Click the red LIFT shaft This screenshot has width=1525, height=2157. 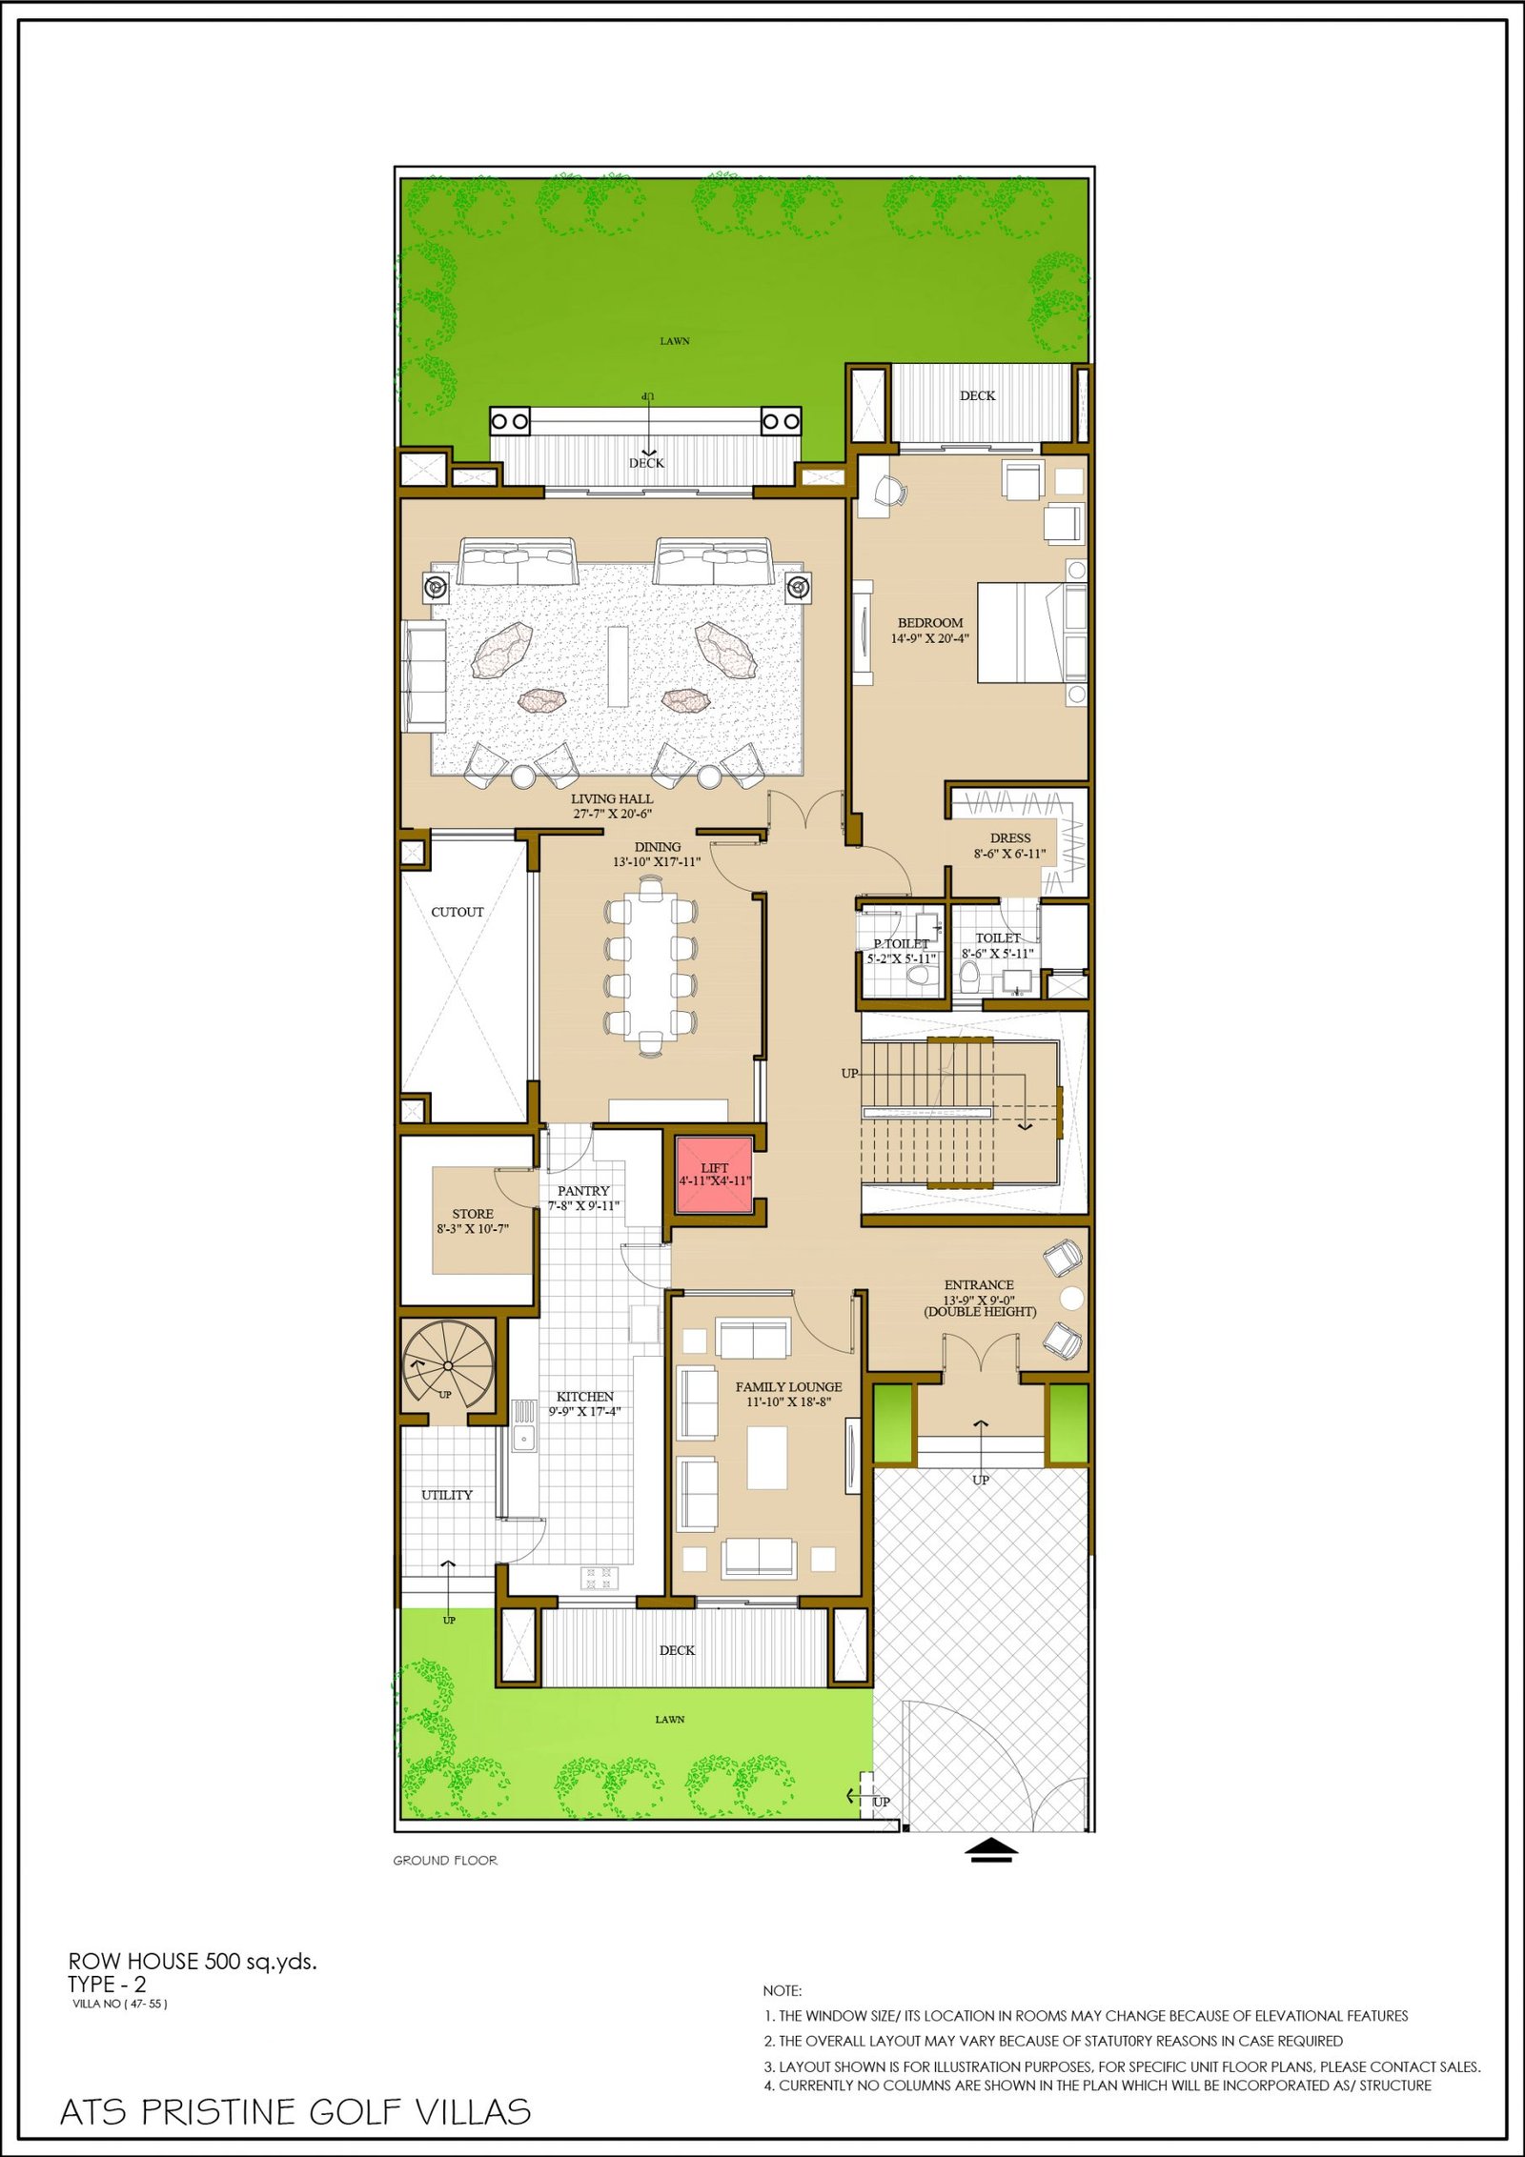pyautogui.click(x=714, y=1175)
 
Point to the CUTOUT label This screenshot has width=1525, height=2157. pyautogui.click(x=457, y=912)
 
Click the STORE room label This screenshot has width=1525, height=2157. pyautogui.click(x=473, y=1214)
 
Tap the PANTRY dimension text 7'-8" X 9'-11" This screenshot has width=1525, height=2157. pyautogui.click(x=583, y=1206)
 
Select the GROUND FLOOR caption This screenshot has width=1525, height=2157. pyautogui.click(x=445, y=1860)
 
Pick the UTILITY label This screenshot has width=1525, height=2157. pyautogui.click(x=447, y=1495)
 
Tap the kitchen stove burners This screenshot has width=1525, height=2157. pyautogui.click(x=600, y=1577)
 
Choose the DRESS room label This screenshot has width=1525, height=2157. pyautogui.click(x=1010, y=838)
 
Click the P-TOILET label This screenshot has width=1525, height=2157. pyautogui.click(x=901, y=943)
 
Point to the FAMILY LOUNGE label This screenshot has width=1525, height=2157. pyautogui.click(x=788, y=1387)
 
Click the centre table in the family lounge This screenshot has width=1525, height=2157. pyautogui.click(x=767, y=1458)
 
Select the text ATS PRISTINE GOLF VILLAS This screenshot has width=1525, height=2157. pyautogui.click(x=295, y=2111)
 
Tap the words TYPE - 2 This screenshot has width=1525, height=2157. pyautogui.click(x=107, y=1985)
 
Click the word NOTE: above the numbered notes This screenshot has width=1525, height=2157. pyautogui.click(x=783, y=1990)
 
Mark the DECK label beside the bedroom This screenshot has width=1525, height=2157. pyautogui.click(x=977, y=395)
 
